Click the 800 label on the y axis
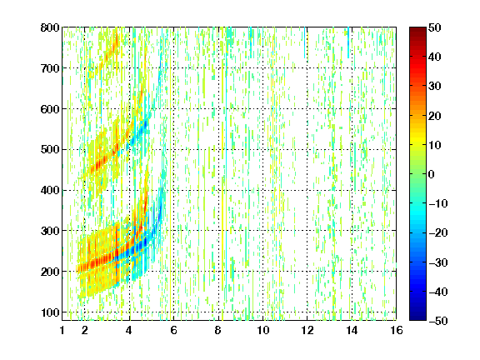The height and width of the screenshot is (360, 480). point(50,27)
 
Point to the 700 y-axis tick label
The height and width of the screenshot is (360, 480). point(50,68)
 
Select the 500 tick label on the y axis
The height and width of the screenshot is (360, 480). point(50,150)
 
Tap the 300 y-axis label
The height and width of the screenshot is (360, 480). point(50,231)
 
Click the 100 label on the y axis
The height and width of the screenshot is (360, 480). point(50,312)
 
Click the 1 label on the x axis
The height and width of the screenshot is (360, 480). point(62,330)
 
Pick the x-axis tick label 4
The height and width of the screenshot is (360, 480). point(129,330)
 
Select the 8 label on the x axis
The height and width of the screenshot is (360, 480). point(218,330)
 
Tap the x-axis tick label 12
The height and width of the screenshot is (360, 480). point(307,330)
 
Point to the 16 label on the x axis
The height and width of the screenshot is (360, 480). point(397,330)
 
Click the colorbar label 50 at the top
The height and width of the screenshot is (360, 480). point(435,27)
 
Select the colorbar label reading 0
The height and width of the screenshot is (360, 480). point(432,174)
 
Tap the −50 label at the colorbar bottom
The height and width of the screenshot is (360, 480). point(438,321)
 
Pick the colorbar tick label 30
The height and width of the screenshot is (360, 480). point(435,87)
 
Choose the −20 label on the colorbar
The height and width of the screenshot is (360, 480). point(438,233)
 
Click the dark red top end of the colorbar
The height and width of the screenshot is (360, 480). point(417,29)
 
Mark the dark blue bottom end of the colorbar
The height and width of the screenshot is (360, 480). point(417,318)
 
